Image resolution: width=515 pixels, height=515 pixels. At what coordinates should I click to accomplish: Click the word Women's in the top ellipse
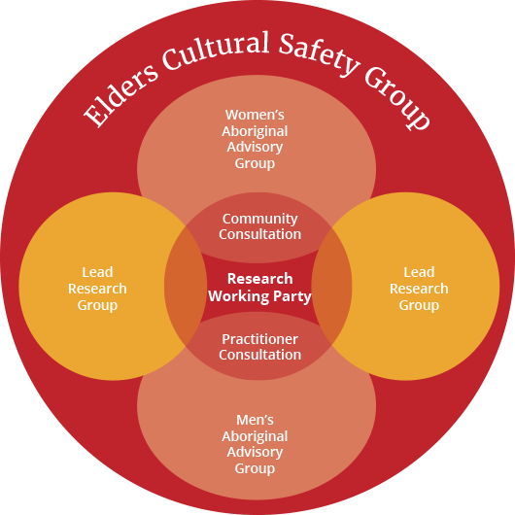pos(255,115)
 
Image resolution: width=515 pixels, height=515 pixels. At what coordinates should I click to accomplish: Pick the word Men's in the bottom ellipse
pos(255,420)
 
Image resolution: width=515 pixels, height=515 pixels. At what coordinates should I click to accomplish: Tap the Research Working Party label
pos(259,288)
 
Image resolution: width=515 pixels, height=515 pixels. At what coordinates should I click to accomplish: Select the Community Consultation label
pos(259,226)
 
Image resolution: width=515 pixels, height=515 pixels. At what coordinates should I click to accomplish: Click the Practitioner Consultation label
pos(259,347)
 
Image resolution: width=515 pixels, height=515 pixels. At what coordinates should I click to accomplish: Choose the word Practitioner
pos(259,340)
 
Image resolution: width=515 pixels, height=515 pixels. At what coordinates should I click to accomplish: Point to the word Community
pos(259,220)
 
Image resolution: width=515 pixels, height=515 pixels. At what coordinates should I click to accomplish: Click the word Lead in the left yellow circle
pos(97,272)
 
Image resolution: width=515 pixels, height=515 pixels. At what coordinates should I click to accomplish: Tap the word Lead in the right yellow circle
pos(419,272)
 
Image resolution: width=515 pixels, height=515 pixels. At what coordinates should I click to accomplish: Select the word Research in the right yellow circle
pos(419,289)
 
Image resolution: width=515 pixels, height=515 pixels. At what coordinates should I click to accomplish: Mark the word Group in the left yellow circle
pos(97,306)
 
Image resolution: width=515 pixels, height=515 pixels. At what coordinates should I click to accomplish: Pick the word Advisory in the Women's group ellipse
pos(255,147)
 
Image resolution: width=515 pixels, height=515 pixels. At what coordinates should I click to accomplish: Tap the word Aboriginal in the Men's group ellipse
pos(255,436)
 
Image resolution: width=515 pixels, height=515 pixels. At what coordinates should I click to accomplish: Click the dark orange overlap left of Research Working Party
pos(186,286)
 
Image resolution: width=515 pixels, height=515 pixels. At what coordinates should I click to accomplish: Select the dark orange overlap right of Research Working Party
pos(331,286)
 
